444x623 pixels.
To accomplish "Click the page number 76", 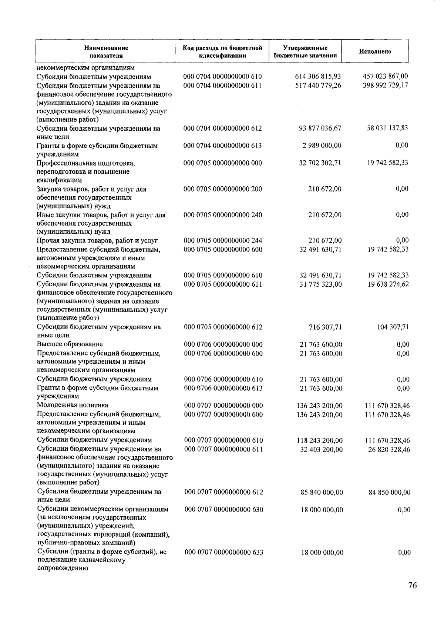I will click(x=412, y=585).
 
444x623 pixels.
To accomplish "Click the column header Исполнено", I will click(x=375, y=51).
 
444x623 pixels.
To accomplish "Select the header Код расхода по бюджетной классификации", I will click(x=223, y=51).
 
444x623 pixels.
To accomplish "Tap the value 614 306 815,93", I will click(x=318, y=77).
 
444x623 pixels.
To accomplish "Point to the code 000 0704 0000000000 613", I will click(x=223, y=146).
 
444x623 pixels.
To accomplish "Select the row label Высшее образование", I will click(x=70, y=344).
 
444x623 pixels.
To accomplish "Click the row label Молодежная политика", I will click(x=73, y=405).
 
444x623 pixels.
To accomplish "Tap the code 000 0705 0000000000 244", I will click(x=223, y=241).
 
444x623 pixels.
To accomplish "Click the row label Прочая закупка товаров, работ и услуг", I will click(x=97, y=241).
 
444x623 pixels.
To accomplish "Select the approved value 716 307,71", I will click(x=325, y=327).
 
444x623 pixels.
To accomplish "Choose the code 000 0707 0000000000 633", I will click(x=224, y=552).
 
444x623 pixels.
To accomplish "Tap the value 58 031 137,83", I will click(x=387, y=128).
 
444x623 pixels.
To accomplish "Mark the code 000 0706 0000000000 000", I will click(x=223, y=344).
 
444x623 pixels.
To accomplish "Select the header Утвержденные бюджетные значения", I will click(x=305, y=51).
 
